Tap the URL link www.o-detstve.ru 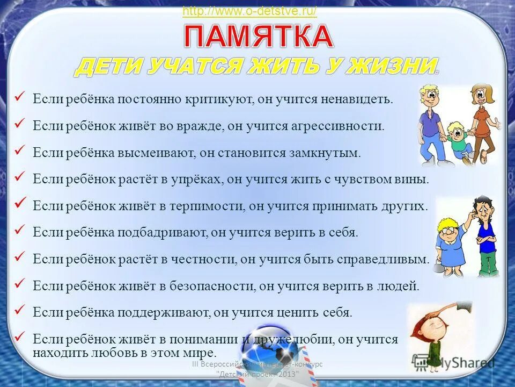point(249,11)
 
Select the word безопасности point(204,286)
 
